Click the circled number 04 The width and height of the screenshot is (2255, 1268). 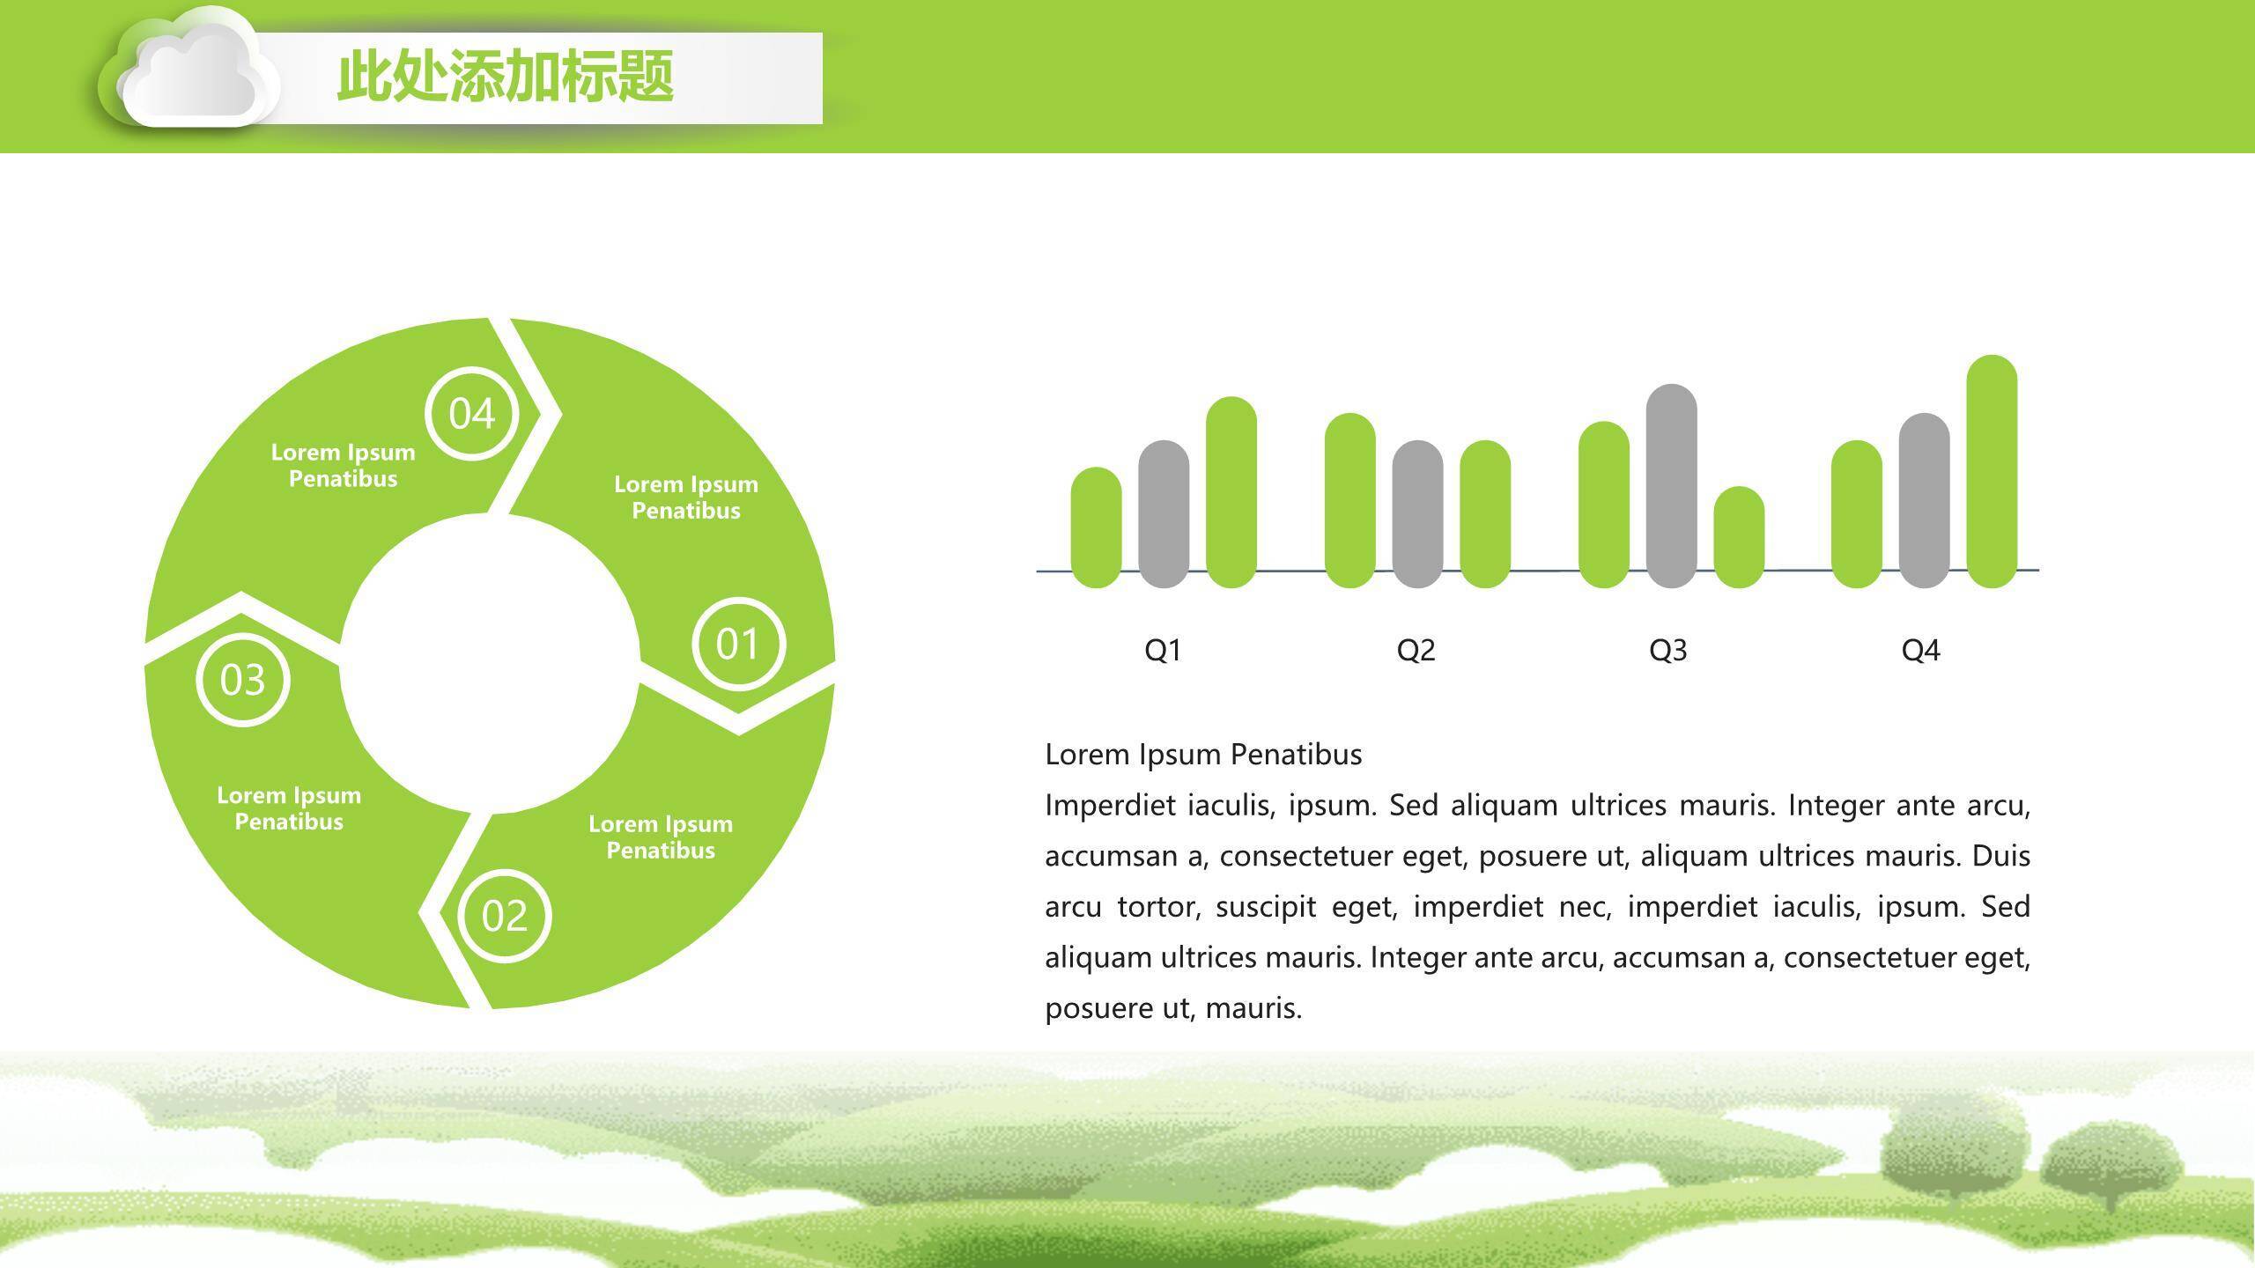click(471, 413)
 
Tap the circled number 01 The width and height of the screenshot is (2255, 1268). click(738, 644)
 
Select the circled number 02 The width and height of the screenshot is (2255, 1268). click(505, 916)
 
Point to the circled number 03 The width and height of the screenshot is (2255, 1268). click(242, 680)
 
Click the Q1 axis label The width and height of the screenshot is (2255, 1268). click(1163, 650)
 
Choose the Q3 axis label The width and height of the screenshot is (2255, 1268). click(1667, 650)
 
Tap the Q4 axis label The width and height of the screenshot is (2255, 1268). click(1920, 650)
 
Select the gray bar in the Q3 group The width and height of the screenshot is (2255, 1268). click(1671, 486)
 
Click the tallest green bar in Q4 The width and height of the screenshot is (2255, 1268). click(1992, 471)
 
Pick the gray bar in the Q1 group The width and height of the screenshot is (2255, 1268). click(1164, 514)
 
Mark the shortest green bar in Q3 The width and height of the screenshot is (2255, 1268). click(1739, 537)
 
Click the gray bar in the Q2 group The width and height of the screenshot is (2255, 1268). click(1417, 514)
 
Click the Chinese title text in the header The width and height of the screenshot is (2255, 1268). click(506, 77)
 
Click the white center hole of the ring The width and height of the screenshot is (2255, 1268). click(489, 663)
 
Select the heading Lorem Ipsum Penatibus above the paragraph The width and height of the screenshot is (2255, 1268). click(1203, 755)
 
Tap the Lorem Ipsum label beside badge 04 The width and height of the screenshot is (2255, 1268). click(343, 465)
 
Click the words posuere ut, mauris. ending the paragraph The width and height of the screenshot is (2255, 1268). click(1173, 1008)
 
